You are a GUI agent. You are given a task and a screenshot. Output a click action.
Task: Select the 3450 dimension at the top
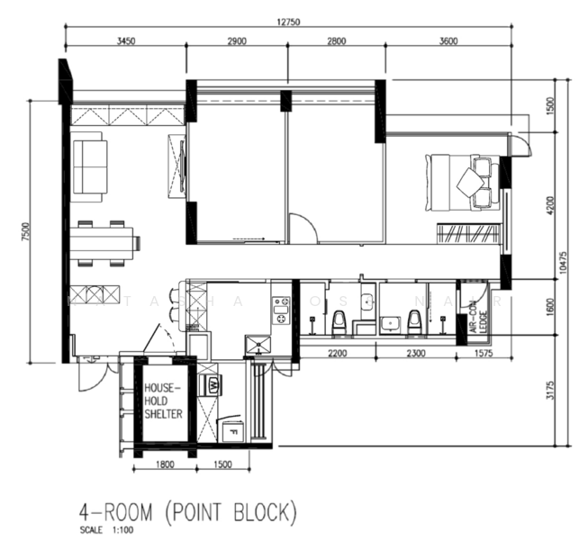tap(125, 41)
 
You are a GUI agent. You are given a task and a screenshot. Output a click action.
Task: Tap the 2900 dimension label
tap(238, 41)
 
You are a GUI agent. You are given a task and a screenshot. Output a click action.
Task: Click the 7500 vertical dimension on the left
tap(27, 232)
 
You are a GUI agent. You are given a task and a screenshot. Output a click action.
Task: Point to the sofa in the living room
tap(90, 166)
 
